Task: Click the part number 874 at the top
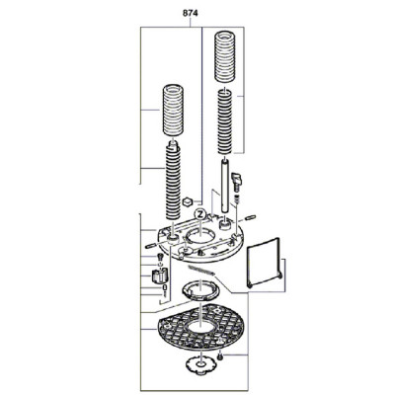[191, 14]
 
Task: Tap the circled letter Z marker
[199, 214]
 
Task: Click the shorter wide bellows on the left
[173, 110]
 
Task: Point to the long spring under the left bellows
[173, 180]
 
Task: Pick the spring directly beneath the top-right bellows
[226, 121]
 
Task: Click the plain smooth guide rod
[225, 186]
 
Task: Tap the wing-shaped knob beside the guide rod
[237, 181]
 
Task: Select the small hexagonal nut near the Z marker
[188, 200]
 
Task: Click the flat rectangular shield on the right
[264, 263]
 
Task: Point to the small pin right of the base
[252, 217]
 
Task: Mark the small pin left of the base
[150, 246]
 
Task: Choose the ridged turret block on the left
[159, 276]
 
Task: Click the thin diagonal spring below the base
[200, 270]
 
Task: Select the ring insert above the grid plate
[200, 290]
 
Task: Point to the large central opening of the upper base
[200, 236]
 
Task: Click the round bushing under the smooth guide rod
[225, 225]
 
